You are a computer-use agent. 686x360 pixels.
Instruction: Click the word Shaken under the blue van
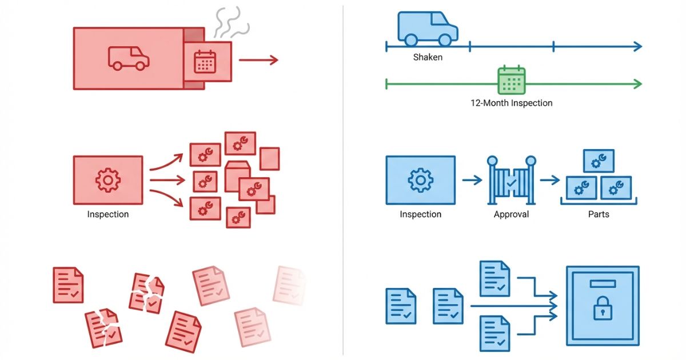point(428,58)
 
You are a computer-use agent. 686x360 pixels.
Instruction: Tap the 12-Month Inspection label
point(511,103)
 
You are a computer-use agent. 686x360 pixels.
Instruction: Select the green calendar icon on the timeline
point(511,80)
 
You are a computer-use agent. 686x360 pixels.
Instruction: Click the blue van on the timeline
point(428,29)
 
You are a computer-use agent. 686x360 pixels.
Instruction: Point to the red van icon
point(129,58)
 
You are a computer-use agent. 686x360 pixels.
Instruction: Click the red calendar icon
point(204,61)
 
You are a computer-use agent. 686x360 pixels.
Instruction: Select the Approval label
point(511,214)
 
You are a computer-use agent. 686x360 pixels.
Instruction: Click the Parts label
point(599,214)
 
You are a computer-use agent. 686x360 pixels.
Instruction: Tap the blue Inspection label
point(420,214)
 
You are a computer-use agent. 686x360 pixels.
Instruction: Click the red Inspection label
point(107,214)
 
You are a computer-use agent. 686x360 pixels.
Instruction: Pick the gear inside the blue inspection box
point(420,180)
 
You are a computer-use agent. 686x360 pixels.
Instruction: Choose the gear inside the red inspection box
point(107,180)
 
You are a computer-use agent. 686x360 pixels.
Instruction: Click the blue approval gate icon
point(511,180)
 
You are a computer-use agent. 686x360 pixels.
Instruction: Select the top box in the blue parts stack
point(599,161)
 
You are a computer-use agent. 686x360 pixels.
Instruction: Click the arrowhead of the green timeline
point(637,85)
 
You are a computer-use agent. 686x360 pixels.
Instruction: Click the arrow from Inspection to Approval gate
point(472,181)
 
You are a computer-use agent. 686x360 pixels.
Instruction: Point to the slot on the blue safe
point(602,283)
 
